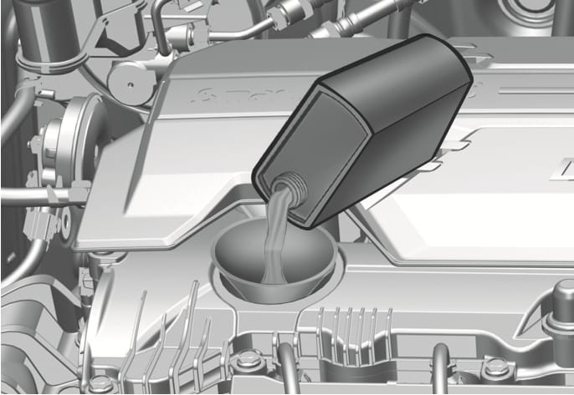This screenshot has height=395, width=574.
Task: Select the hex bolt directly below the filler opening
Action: pos(246,362)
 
